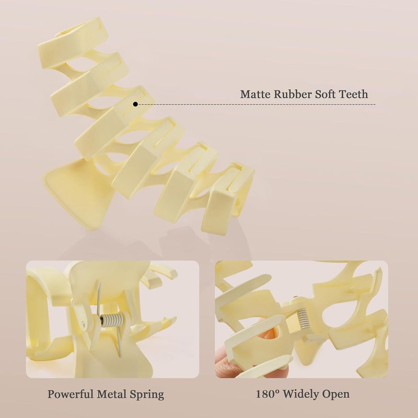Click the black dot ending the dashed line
[135, 104]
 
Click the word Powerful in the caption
[70, 394]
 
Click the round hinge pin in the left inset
[84, 323]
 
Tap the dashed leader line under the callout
[257, 104]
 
